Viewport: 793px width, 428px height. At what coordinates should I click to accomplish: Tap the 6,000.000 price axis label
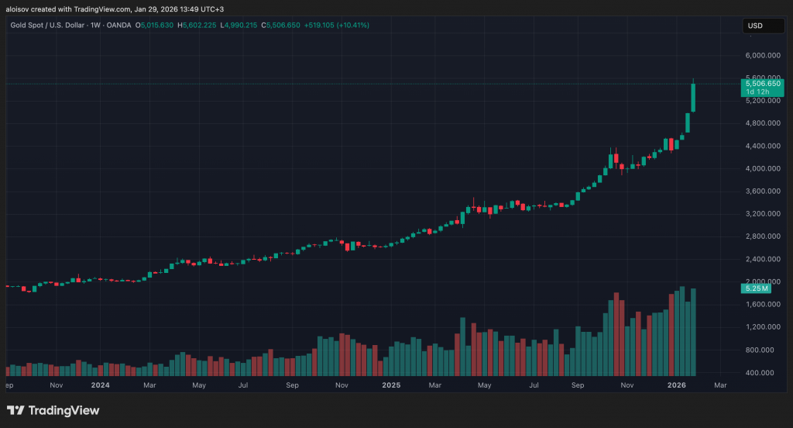[x=762, y=56]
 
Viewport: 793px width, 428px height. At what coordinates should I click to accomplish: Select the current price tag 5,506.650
[x=762, y=83]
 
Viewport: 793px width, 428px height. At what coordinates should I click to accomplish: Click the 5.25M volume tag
[x=754, y=288]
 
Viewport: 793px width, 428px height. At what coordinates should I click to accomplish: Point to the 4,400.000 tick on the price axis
[x=762, y=146]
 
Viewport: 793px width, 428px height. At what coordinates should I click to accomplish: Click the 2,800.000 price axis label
[x=762, y=236]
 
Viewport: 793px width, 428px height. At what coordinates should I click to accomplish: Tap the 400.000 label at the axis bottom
[x=762, y=373]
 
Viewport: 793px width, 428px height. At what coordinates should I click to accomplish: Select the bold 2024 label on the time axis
[x=101, y=385]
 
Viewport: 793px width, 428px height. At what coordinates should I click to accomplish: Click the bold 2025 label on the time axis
[x=391, y=385]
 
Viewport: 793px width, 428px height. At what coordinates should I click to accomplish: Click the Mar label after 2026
[x=719, y=385]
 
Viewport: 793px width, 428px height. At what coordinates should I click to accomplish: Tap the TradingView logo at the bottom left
[x=53, y=410]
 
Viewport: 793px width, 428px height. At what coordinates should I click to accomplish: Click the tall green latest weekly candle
[x=693, y=97]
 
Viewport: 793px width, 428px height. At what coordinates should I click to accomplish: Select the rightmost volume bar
[x=693, y=332]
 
